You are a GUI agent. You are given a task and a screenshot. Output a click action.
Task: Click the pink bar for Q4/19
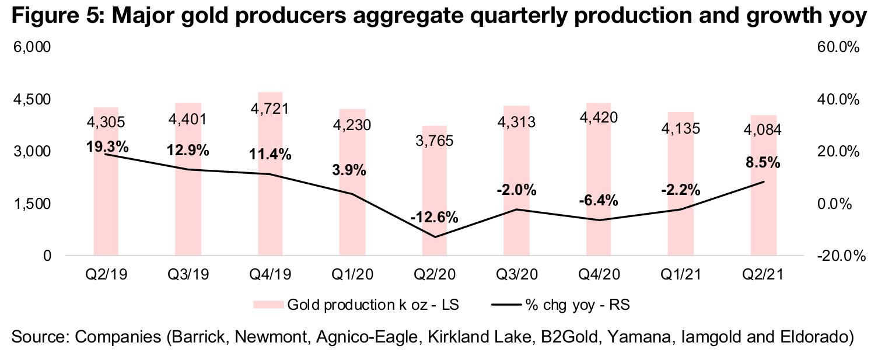click(x=270, y=175)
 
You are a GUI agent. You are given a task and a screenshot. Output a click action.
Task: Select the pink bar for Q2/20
click(x=435, y=193)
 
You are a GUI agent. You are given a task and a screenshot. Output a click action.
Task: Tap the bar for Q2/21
click(x=763, y=193)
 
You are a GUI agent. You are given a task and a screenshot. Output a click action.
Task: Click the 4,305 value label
click(x=106, y=123)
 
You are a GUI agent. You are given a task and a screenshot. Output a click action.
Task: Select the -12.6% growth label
click(x=434, y=217)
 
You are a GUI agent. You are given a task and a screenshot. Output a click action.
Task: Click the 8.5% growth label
click(x=763, y=163)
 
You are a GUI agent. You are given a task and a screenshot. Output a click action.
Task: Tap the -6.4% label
click(x=599, y=200)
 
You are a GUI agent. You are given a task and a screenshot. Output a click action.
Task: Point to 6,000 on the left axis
click(x=33, y=47)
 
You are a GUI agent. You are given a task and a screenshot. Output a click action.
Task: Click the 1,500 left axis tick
click(x=33, y=204)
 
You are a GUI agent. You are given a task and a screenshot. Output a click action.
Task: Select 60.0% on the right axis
click(x=839, y=47)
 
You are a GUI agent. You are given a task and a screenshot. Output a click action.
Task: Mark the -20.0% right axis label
click(x=837, y=256)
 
